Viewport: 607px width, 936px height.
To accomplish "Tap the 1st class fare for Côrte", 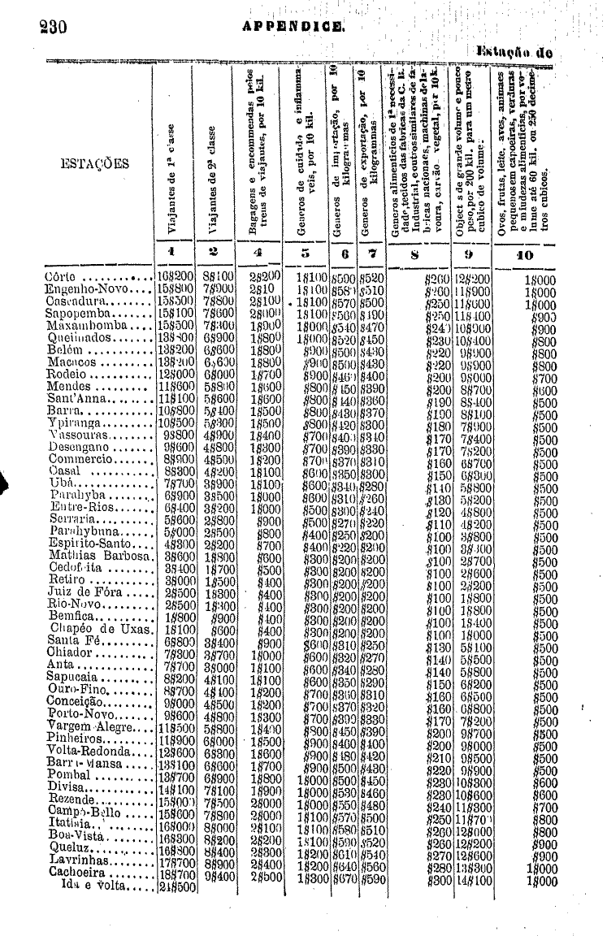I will pyautogui.click(x=174, y=276).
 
